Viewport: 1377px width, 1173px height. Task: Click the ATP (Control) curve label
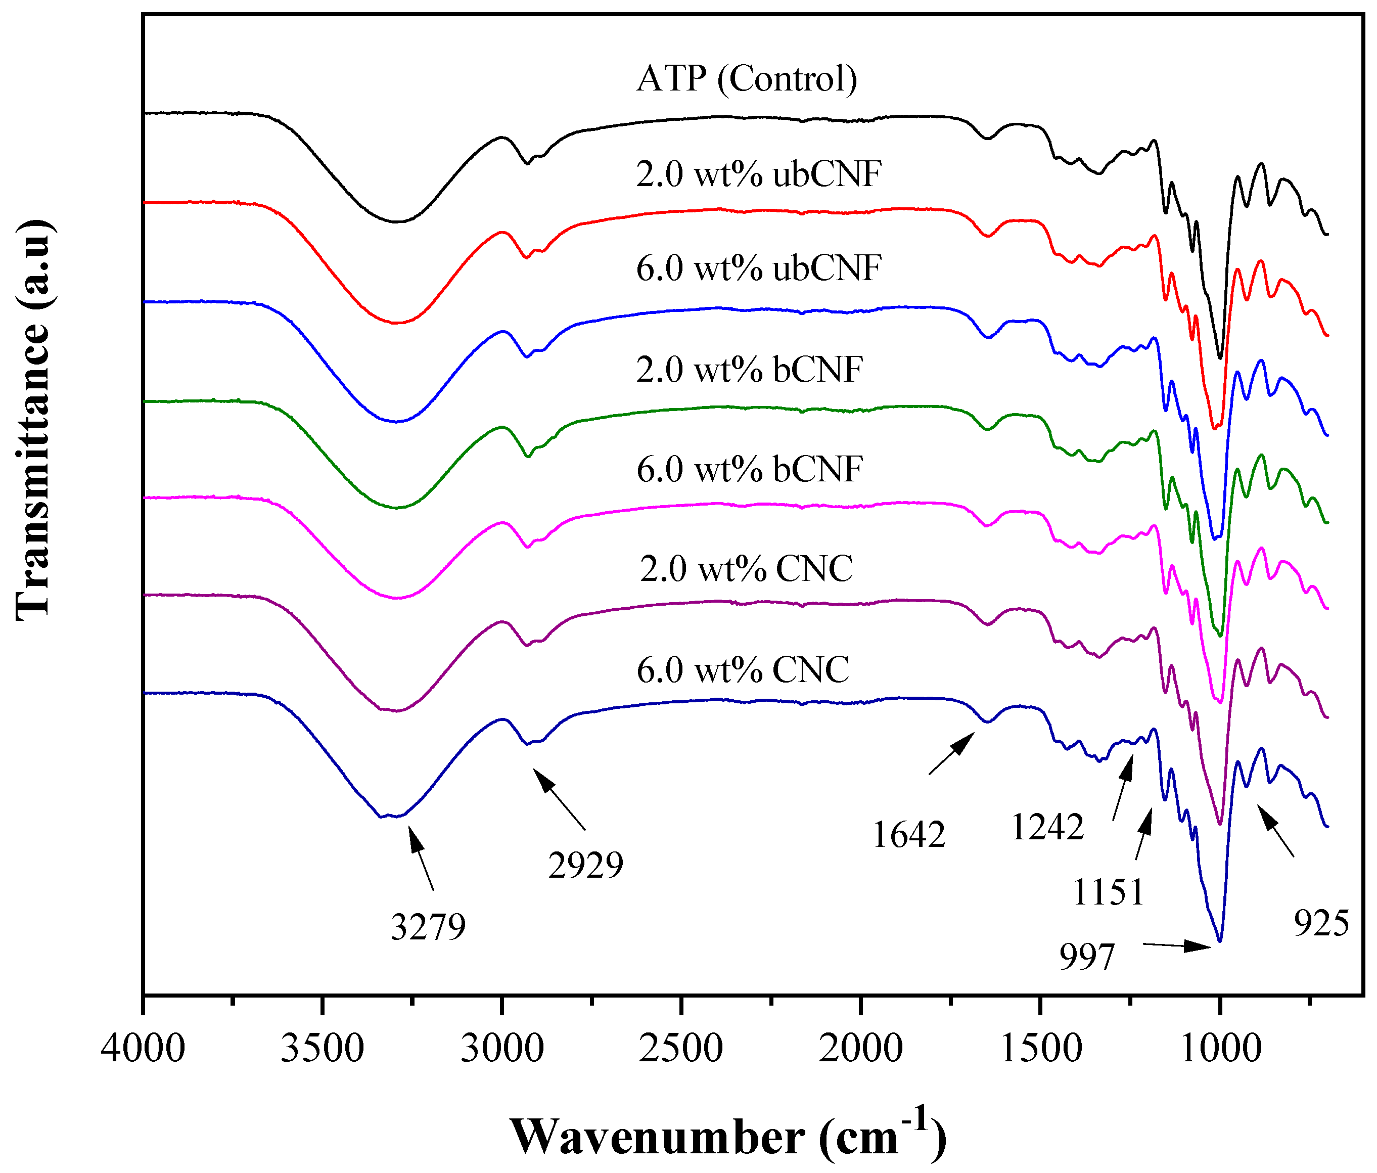(x=746, y=79)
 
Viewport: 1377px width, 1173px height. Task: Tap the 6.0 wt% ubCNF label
(x=758, y=268)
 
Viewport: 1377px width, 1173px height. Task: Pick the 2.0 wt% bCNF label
(x=749, y=370)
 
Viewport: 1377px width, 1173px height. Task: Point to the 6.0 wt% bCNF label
(x=749, y=469)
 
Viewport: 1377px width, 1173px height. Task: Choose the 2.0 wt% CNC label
(x=746, y=569)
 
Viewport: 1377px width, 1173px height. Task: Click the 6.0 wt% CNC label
(x=742, y=669)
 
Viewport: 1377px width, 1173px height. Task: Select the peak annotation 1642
(x=908, y=835)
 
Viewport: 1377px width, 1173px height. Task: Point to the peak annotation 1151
(x=1109, y=892)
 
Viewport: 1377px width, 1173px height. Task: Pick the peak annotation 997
(x=1086, y=958)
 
